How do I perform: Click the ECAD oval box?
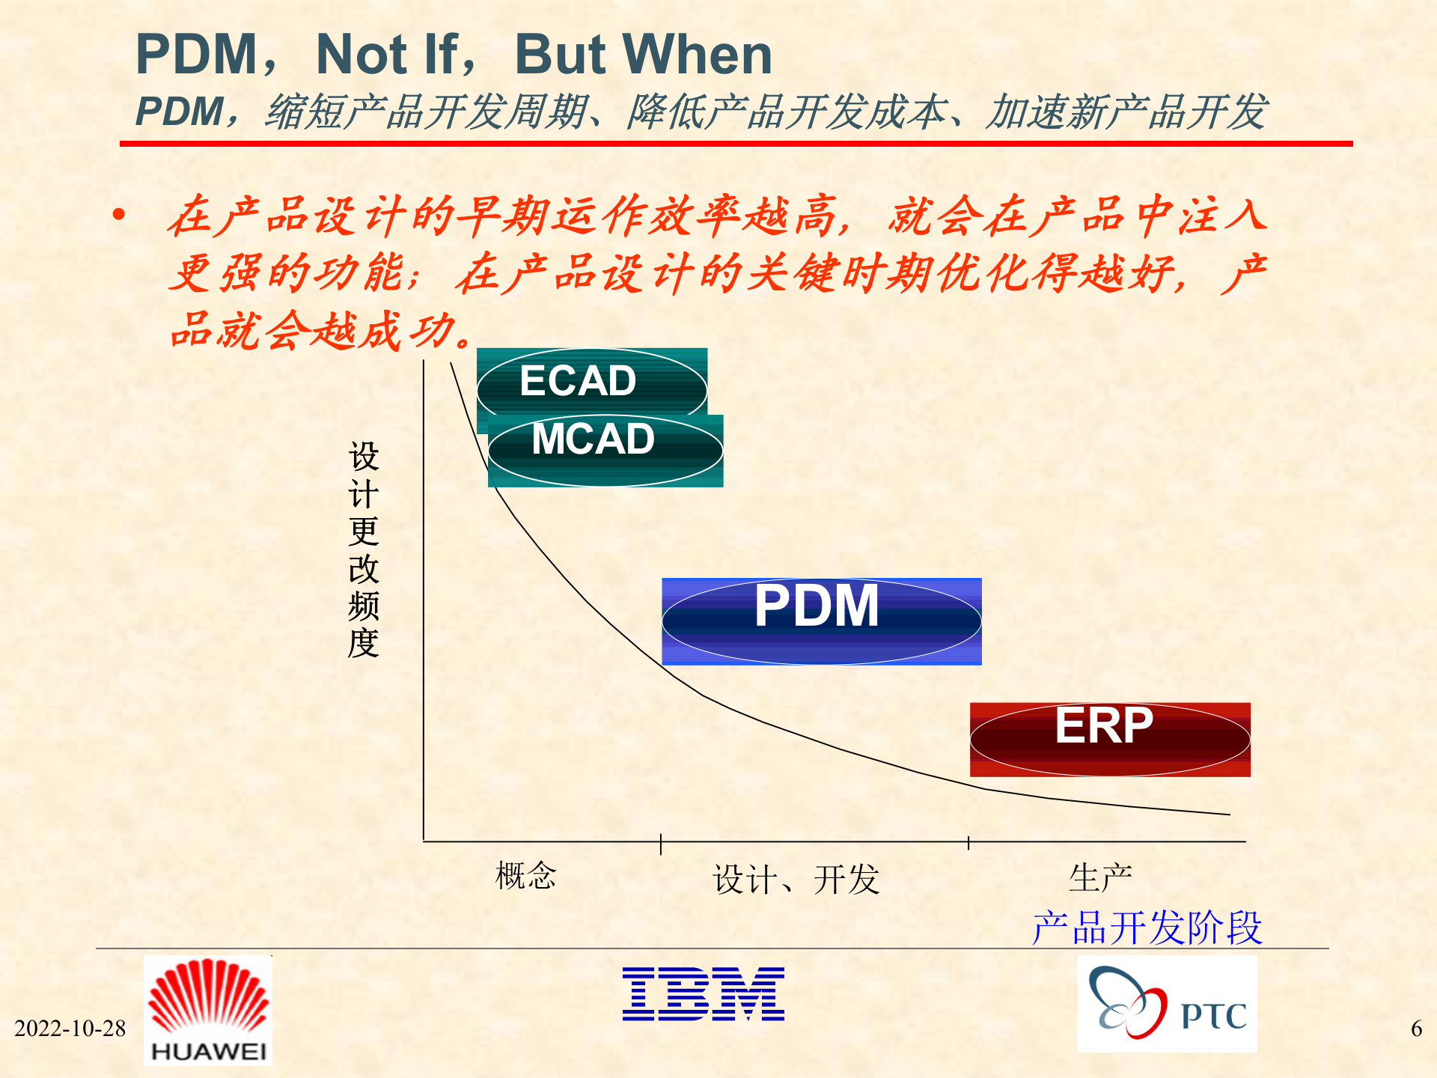(591, 382)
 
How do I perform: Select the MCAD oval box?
(605, 450)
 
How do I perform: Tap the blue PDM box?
(821, 621)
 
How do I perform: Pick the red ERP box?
(1109, 739)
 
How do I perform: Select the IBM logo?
(703, 993)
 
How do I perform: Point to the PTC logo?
(1166, 1004)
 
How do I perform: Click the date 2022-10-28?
(70, 1028)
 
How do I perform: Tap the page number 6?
(1416, 1028)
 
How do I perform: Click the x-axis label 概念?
(525, 875)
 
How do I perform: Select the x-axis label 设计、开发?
(796, 879)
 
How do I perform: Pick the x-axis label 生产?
(1099, 877)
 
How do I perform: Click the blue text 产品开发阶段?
(1147, 928)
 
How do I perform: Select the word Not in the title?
(361, 55)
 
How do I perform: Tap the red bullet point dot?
(118, 216)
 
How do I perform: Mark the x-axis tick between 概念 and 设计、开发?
(661, 844)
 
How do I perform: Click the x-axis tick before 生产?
(968, 843)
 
